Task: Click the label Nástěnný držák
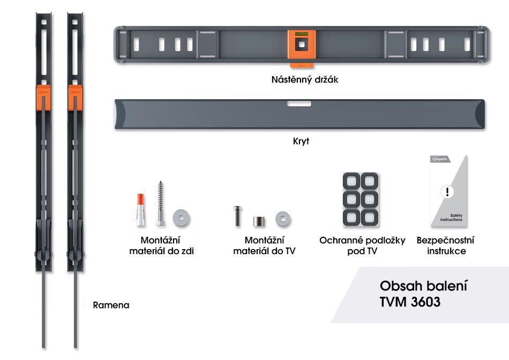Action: [304, 80]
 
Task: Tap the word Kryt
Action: [302, 142]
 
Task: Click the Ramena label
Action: [111, 305]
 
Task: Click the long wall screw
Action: [160, 204]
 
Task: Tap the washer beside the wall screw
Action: [181, 217]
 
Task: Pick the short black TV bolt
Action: [236, 216]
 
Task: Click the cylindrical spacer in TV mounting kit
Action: [260, 220]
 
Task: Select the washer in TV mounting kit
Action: [283, 218]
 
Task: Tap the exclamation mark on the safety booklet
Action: [448, 192]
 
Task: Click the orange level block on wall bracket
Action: [300, 47]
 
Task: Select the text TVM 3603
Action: [410, 302]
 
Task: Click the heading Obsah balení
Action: [420, 284]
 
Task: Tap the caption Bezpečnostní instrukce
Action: [445, 245]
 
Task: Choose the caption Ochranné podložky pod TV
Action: [362, 245]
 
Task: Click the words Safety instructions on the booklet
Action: [451, 217]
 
